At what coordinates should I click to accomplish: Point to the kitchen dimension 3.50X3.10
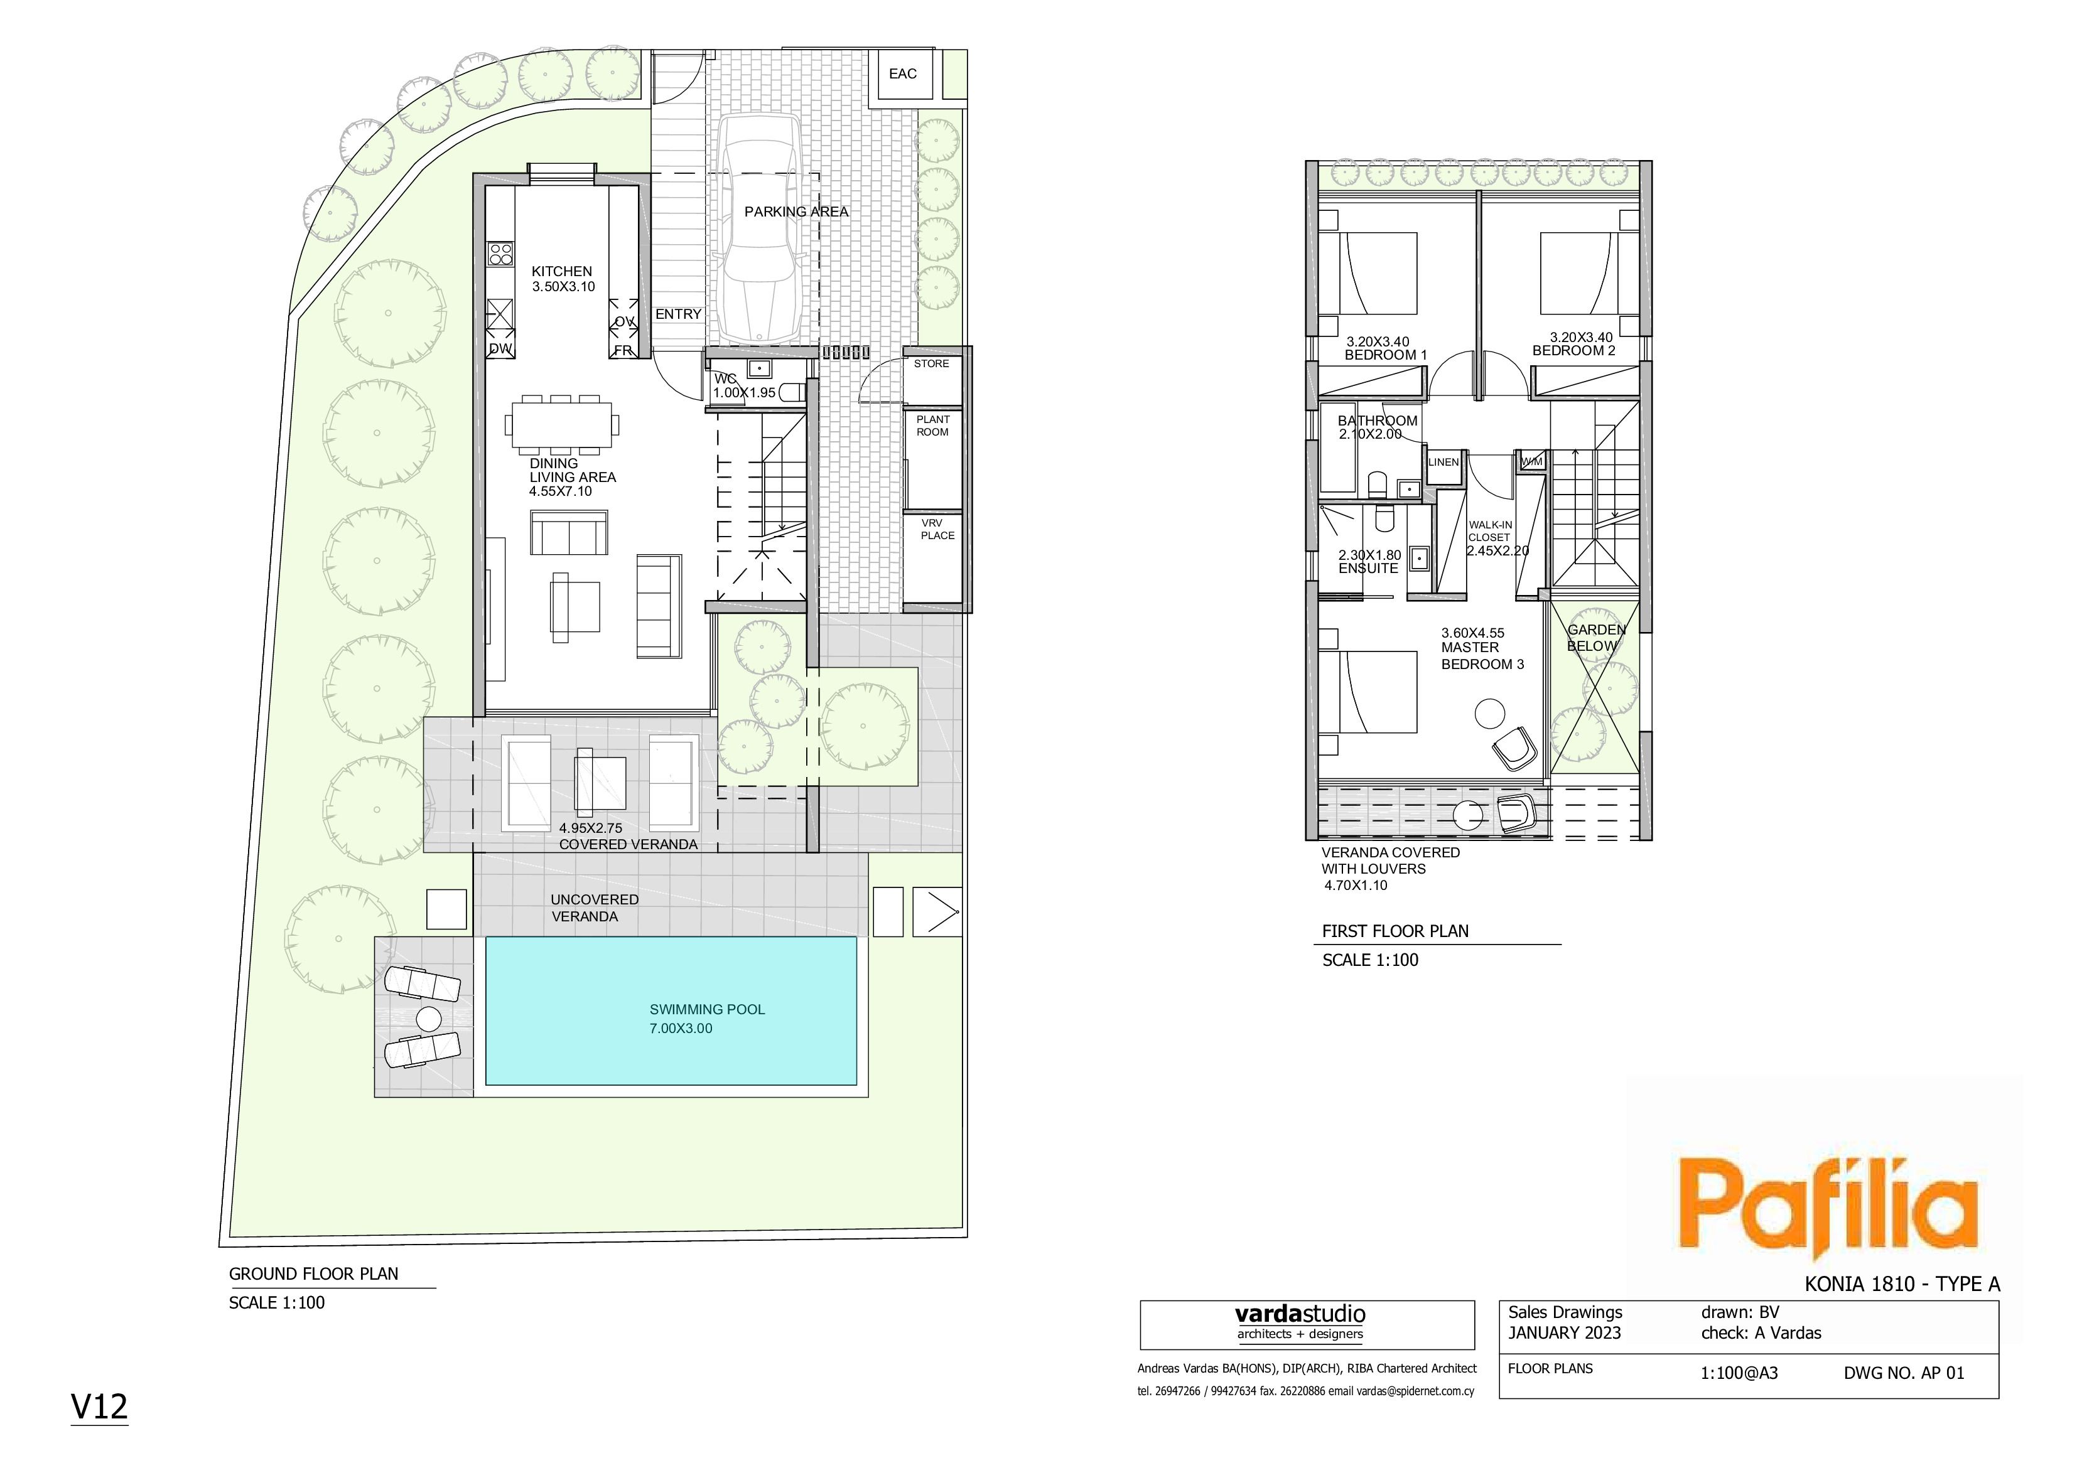[564, 287]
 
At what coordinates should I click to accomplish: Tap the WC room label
[725, 379]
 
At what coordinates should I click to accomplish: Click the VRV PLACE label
[937, 529]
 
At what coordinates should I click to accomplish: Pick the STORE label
[931, 363]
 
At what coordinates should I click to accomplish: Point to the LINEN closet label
[1443, 462]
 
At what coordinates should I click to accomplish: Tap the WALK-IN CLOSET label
[1490, 531]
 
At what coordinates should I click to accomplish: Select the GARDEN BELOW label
[1596, 638]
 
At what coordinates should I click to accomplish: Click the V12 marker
[99, 1406]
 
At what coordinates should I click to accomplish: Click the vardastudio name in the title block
[1300, 1314]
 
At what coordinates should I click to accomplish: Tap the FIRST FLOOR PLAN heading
[1395, 931]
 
